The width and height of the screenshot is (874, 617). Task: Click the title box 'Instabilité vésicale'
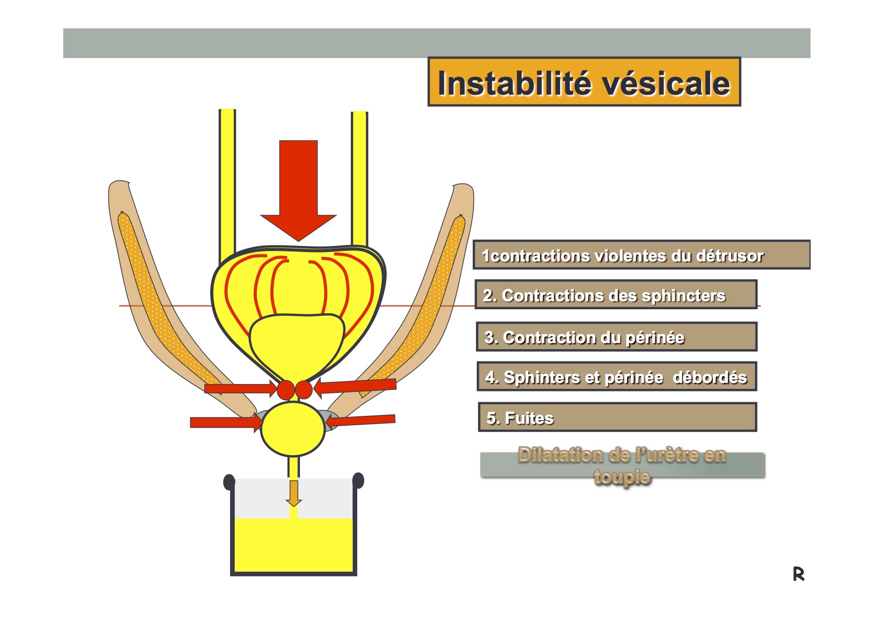(584, 82)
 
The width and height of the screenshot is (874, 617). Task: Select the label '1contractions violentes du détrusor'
(641, 255)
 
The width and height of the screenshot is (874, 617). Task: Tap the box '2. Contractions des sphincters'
(616, 295)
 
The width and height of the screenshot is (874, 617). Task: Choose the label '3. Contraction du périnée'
(616, 337)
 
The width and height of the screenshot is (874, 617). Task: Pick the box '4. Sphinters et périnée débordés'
(617, 376)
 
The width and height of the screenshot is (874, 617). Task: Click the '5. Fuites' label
(617, 417)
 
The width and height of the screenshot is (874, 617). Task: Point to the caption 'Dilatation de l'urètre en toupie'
(622, 465)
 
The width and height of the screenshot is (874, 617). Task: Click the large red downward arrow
(298, 191)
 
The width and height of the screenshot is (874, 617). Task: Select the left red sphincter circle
(286, 390)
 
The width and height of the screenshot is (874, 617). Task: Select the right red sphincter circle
(303, 390)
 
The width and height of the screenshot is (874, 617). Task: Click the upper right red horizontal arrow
(355, 386)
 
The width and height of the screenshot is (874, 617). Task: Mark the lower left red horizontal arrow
(226, 423)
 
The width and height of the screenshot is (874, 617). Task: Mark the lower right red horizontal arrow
(360, 421)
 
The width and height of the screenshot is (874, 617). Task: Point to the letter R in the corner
(798, 574)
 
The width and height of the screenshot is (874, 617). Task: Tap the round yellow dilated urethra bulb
(293, 429)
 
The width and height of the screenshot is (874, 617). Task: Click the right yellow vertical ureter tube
(359, 179)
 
